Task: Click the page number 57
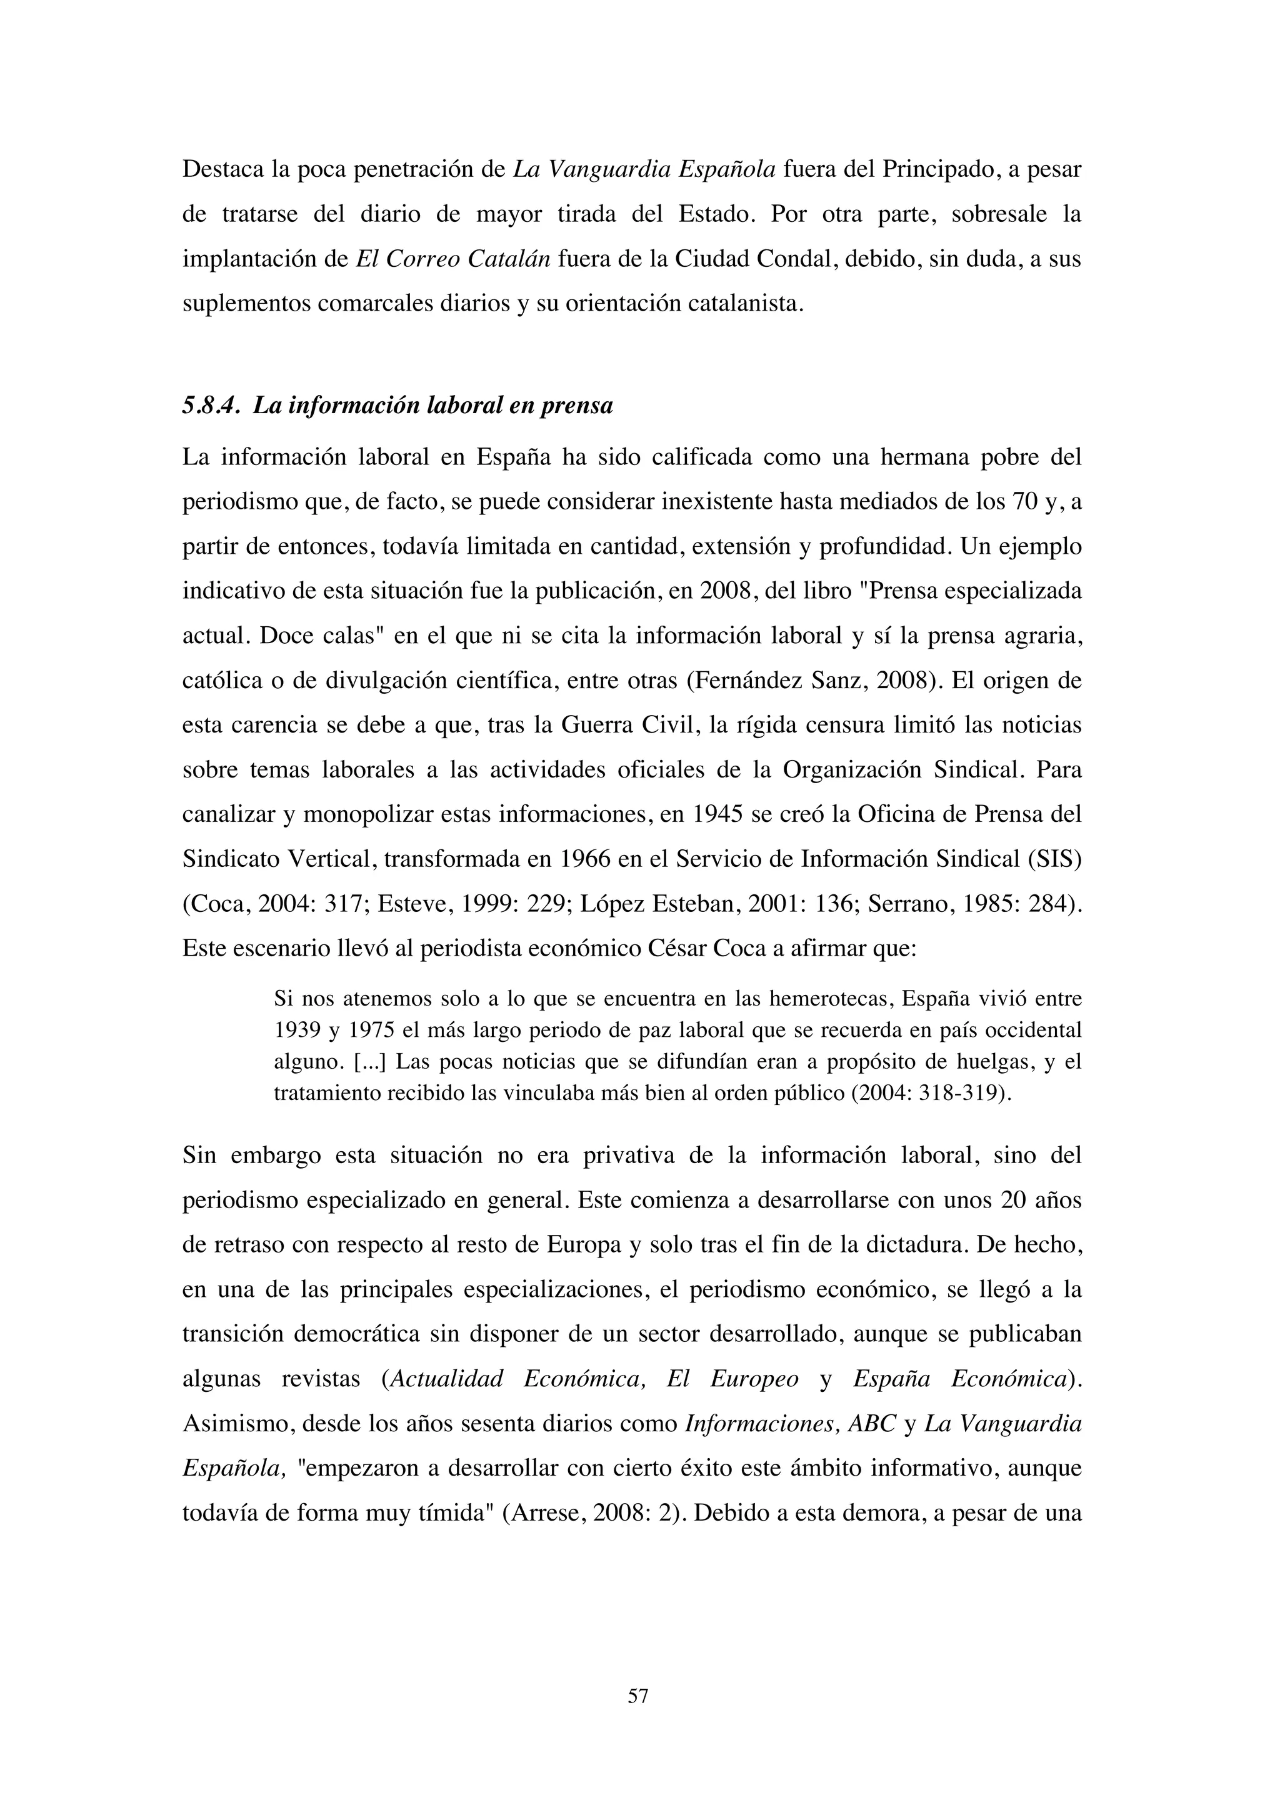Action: (637, 1695)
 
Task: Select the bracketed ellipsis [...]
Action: (369, 1062)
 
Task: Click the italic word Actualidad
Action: (447, 1379)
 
